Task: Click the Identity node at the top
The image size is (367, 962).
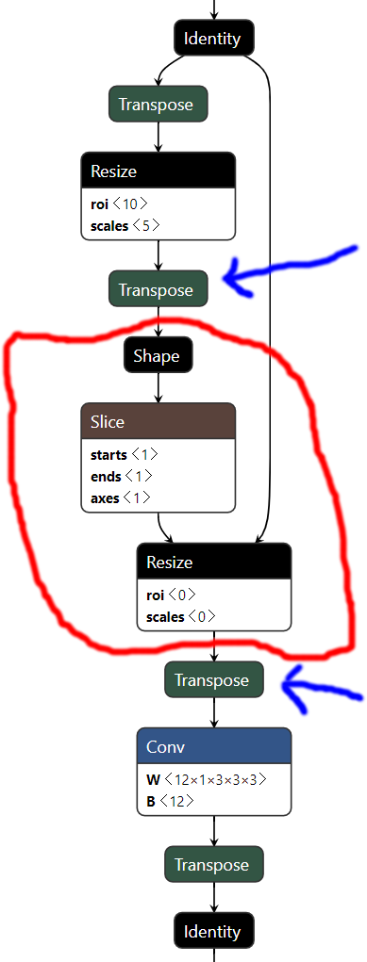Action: coord(214,39)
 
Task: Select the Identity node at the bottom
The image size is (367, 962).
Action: coord(213,932)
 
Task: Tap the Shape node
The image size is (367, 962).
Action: coord(158,356)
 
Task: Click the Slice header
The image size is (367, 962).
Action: coord(158,422)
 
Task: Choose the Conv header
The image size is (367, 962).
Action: coord(214,747)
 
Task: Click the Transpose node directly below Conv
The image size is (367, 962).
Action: coord(214,865)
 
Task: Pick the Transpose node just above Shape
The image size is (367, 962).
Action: coord(158,290)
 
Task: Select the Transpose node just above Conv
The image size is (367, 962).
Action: coord(213,680)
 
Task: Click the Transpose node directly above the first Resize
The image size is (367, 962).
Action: coord(158,105)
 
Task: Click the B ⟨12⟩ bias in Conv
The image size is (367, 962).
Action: coord(171,801)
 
